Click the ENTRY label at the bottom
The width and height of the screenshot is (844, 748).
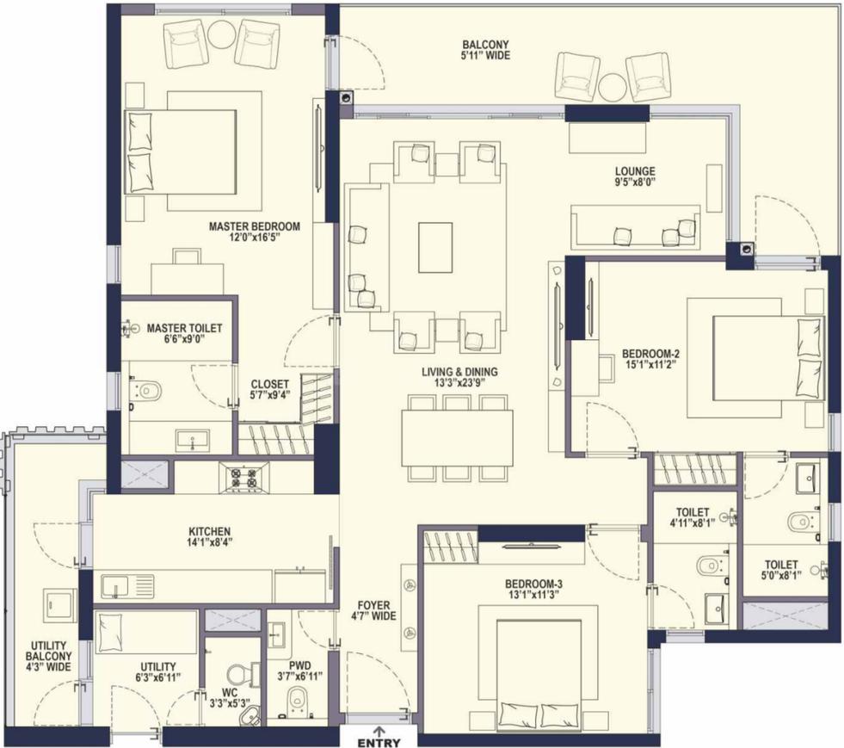[x=379, y=743]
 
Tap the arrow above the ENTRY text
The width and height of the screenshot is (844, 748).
[x=379, y=732]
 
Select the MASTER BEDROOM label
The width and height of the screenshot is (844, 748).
[x=255, y=226]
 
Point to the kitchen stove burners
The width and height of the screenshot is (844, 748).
[x=243, y=477]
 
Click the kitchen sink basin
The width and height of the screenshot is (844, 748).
[x=115, y=586]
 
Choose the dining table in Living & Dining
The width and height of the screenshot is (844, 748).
[x=457, y=438]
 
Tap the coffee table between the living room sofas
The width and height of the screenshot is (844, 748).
[x=435, y=248]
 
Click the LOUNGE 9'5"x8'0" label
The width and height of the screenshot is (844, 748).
[x=636, y=176]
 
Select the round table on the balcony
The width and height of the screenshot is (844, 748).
[x=613, y=86]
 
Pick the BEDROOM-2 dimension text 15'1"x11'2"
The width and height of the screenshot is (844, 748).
[x=650, y=365]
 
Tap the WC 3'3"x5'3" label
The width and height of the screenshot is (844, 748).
[x=230, y=697]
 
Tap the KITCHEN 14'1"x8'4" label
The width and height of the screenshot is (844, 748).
[x=209, y=536]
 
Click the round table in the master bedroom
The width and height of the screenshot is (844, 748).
[x=221, y=35]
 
